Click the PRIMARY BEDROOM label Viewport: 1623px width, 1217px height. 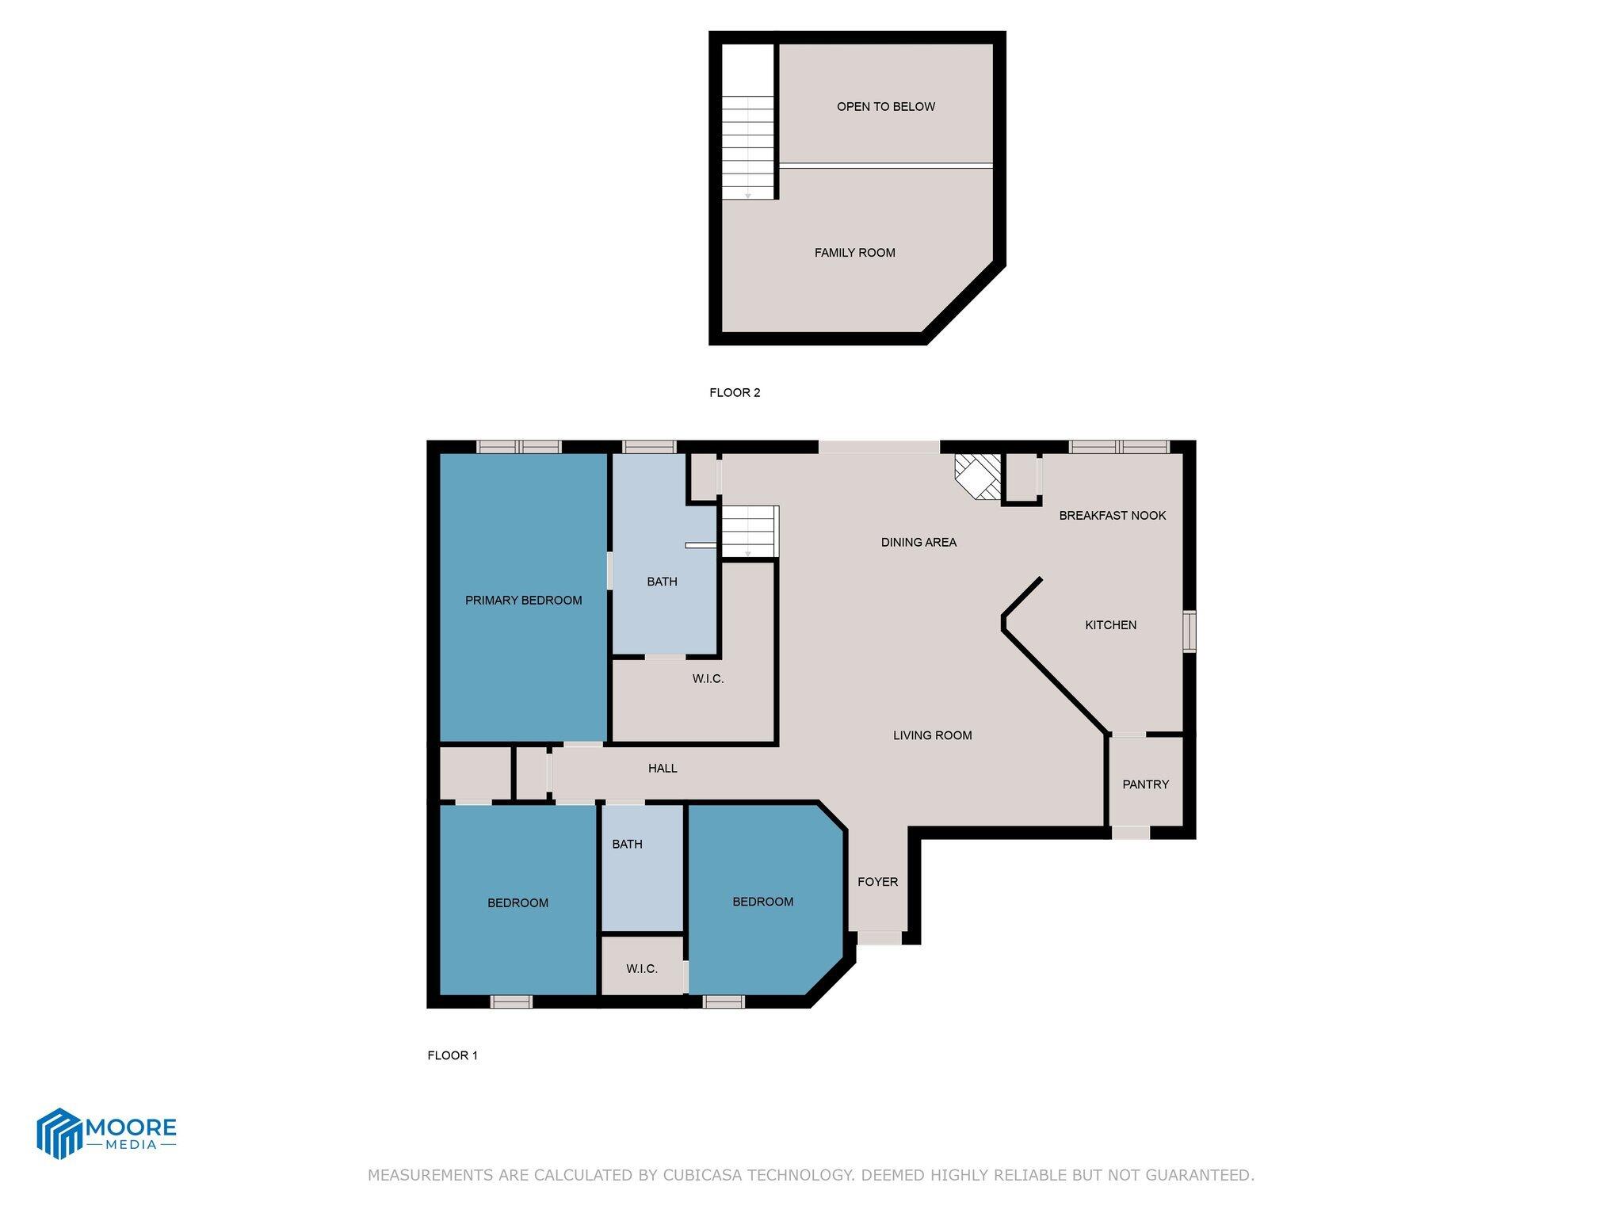coord(523,601)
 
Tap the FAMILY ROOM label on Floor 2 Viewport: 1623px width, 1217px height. coord(854,253)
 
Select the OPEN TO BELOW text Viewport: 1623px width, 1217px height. coord(885,107)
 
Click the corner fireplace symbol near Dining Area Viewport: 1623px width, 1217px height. coord(977,476)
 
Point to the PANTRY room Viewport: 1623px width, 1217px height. coord(1145,784)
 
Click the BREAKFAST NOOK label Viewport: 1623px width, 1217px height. coord(1112,516)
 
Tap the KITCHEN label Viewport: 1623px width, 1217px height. coord(1110,625)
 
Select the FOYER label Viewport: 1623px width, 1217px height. coord(877,882)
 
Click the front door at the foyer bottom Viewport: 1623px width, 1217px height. coord(880,938)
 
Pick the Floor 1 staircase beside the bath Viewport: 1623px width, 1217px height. coord(748,532)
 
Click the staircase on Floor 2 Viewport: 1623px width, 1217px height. coord(747,147)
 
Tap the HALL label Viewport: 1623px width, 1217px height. coord(663,769)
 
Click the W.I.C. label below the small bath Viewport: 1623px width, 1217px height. coord(641,969)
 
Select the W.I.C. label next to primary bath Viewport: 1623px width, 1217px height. coord(708,679)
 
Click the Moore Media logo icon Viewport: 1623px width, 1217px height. coord(59,1133)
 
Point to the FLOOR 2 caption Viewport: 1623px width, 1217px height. coord(735,393)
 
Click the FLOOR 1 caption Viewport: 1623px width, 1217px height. coord(453,1055)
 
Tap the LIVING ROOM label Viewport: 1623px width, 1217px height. coord(932,735)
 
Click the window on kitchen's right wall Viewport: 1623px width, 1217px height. coord(1190,631)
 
